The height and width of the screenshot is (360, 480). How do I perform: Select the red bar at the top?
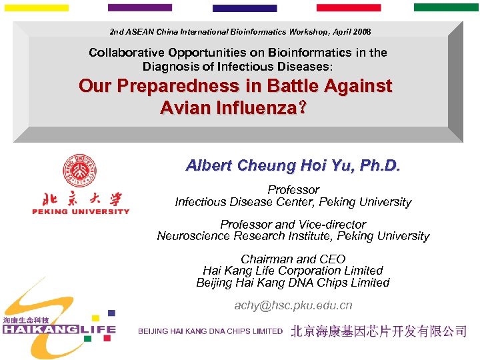point(348,7)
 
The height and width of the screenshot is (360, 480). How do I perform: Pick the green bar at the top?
point(446,7)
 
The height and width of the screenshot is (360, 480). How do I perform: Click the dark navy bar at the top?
point(244,8)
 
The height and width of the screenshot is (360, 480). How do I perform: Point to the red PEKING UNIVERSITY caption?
point(81,212)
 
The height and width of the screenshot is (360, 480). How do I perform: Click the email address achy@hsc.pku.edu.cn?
point(293,305)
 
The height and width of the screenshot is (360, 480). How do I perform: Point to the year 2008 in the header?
point(361,32)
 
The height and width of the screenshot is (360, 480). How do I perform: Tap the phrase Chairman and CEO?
point(293,259)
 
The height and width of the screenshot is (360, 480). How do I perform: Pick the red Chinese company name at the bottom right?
point(378,331)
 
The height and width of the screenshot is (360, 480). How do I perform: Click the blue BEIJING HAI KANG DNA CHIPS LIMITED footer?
point(210,331)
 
